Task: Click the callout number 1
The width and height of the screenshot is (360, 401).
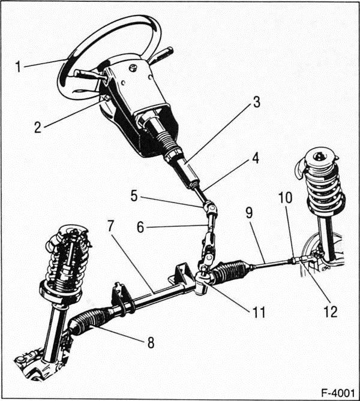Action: (x=19, y=65)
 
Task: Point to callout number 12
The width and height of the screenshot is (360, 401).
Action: (x=329, y=311)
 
